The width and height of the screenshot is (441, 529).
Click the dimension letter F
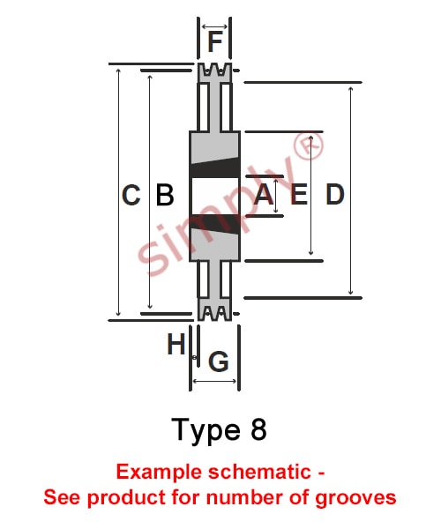[215, 41]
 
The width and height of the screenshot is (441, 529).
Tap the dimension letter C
[131, 195]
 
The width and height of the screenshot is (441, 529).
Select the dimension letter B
[165, 195]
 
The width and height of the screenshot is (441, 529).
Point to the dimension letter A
[263, 194]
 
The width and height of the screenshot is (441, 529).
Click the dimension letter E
[299, 194]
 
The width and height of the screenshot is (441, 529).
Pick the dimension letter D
[334, 194]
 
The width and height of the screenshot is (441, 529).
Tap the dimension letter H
[176, 344]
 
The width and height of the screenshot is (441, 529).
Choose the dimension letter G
[219, 361]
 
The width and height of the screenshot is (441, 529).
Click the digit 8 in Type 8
[258, 429]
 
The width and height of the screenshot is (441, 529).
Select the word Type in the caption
[206, 431]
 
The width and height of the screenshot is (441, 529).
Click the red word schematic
[259, 472]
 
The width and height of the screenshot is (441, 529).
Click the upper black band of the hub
[215, 168]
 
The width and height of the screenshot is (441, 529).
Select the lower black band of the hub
[215, 224]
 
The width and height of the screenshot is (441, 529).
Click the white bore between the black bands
[215, 196]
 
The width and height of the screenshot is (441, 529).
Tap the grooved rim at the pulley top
[214, 72]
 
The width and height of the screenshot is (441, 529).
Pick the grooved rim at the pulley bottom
[214, 309]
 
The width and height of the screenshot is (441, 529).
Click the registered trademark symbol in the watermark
[309, 145]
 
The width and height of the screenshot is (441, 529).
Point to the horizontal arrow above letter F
[214, 26]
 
